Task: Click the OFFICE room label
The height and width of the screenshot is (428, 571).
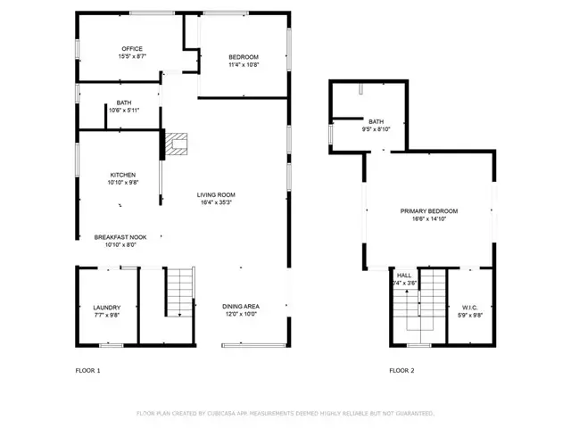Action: [x=132, y=48]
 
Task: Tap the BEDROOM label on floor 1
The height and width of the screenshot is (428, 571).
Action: [x=244, y=57]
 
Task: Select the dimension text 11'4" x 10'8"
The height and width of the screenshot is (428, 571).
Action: [x=244, y=65]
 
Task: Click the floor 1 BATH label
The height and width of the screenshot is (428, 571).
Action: [x=123, y=103]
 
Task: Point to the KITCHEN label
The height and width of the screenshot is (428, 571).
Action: [x=123, y=175]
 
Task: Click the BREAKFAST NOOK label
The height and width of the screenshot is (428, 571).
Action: [x=127, y=237]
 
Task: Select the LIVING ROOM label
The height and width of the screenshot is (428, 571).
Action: [x=216, y=194]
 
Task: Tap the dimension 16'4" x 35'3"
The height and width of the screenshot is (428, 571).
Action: [x=216, y=202]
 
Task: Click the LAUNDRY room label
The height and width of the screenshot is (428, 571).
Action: [x=106, y=307]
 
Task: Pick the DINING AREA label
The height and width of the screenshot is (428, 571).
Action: [x=241, y=307]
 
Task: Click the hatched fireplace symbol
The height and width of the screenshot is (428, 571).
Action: [x=177, y=143]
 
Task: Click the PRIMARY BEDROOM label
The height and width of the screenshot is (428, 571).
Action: [x=428, y=210]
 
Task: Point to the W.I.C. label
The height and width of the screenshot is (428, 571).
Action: [x=468, y=307]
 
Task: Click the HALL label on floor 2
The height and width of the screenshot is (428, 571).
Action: [x=404, y=276]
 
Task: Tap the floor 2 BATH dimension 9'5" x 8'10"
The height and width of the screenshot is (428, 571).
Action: [x=376, y=129]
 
